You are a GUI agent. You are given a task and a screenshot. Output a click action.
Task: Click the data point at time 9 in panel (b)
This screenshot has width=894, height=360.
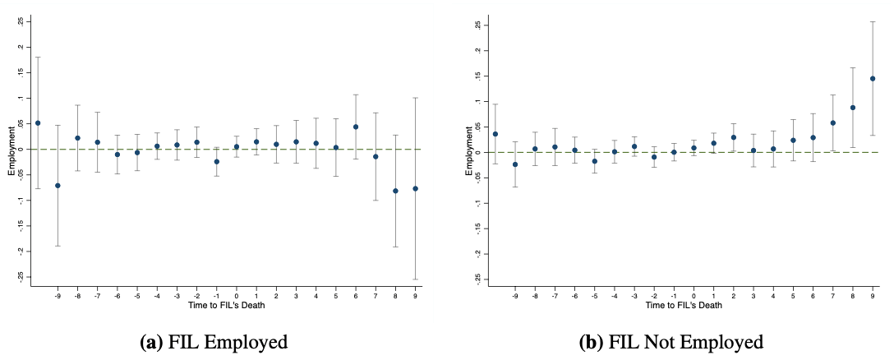pos(872,79)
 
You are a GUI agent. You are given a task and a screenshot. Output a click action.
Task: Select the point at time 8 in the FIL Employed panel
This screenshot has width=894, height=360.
pos(395,191)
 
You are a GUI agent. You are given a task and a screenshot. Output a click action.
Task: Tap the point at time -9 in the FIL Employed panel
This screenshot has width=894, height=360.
pos(58,186)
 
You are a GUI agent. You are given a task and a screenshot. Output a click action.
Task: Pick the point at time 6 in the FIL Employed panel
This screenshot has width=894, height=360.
pos(356,127)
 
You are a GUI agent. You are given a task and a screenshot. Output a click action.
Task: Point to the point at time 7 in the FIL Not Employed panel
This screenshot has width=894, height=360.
pos(832,123)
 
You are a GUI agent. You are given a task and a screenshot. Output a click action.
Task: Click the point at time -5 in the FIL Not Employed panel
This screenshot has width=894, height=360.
pos(594,161)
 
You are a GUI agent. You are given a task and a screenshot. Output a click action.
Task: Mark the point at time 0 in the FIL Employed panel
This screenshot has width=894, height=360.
pos(237,147)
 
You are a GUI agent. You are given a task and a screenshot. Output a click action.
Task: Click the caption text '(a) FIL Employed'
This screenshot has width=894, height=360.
pos(212,342)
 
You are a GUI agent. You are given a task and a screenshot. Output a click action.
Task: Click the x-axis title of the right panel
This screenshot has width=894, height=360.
pos(684,305)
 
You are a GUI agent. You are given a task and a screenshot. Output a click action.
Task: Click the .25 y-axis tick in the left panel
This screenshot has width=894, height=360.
pos(22,21)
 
